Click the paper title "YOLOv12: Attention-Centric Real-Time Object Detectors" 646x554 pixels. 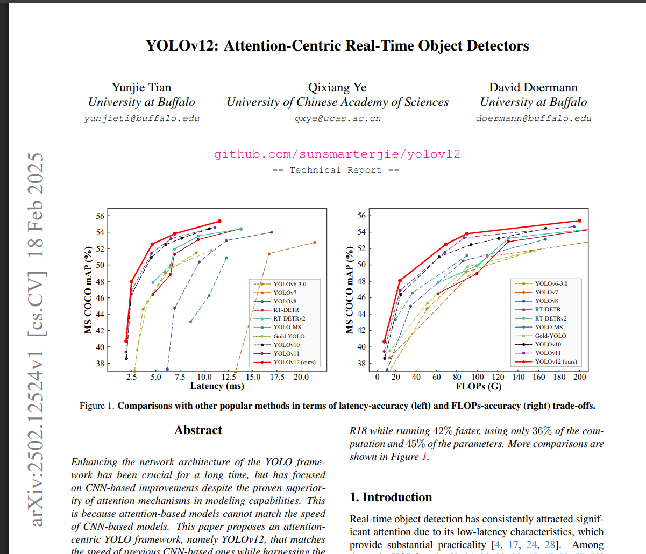[x=337, y=46]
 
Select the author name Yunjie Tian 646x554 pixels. [x=141, y=88]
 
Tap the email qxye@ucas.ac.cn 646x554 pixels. [x=337, y=118]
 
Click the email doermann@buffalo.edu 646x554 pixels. [x=534, y=118]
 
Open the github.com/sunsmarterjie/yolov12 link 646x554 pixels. [x=337, y=154]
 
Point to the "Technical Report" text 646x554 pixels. [x=336, y=170]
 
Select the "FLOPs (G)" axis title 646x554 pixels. [x=478, y=386]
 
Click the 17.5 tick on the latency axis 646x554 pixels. [x=277, y=377]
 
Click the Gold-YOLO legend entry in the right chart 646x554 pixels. [x=550, y=336]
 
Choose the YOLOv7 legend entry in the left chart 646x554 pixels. [x=285, y=293]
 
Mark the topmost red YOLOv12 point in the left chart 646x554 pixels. [x=219, y=221]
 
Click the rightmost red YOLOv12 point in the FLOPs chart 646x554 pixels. [x=579, y=221]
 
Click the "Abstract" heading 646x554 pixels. [x=198, y=430]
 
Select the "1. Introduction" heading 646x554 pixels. [x=391, y=497]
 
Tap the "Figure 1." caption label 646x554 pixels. [x=97, y=406]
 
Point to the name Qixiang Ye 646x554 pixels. [x=337, y=88]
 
